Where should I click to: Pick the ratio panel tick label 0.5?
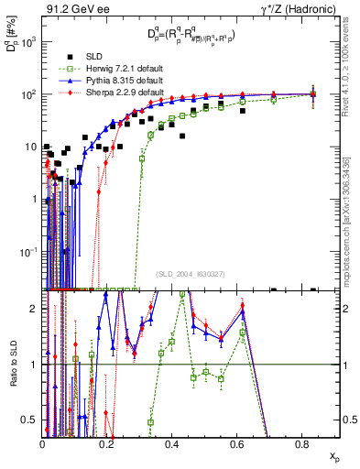click(x=30, y=420)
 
